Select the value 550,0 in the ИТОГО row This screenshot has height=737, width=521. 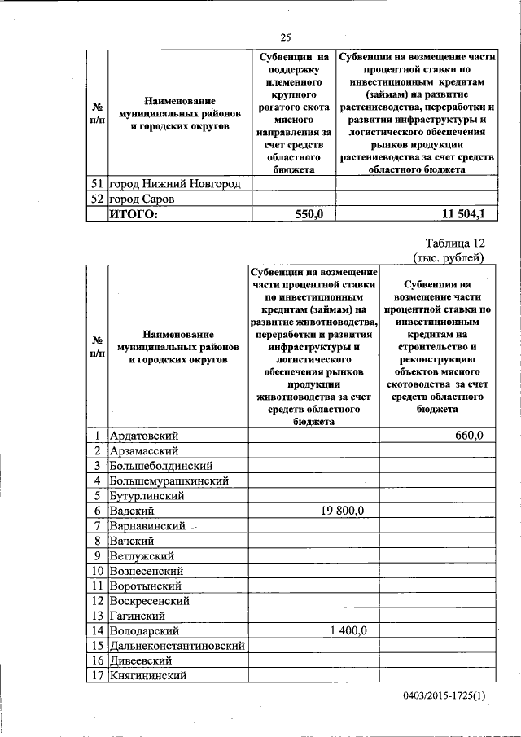coord(309,213)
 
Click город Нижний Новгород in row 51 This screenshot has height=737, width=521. coord(175,184)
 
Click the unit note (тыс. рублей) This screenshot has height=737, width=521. coord(449,258)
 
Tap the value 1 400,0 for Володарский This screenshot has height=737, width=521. coord(348,630)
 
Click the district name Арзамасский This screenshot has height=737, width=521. coord(144,450)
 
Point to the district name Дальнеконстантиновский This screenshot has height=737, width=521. coord(177,645)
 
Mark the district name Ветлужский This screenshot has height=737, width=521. coord(142,555)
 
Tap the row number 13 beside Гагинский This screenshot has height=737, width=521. coord(96,616)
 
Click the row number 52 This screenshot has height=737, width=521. coord(96,199)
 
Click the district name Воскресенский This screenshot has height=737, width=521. coord(150,600)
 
